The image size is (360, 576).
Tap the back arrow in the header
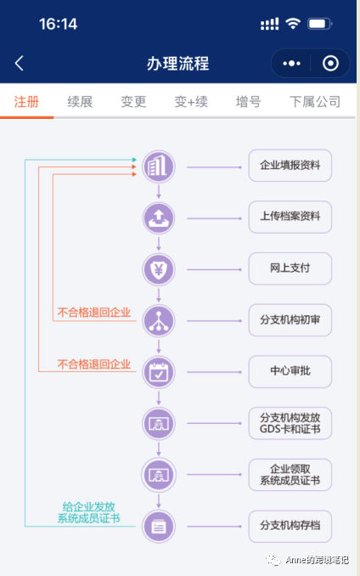(20, 64)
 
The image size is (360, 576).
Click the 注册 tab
(26, 102)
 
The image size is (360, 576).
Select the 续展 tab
(80, 102)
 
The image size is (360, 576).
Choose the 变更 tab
(133, 102)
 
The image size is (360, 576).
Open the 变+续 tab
(191, 102)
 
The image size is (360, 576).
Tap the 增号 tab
(248, 102)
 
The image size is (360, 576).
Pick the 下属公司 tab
(314, 102)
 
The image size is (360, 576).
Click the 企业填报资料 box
(290, 166)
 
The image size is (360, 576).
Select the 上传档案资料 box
(290, 217)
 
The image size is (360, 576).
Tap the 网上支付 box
(290, 268)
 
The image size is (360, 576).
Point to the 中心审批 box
(290, 371)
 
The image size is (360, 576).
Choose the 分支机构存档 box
(290, 526)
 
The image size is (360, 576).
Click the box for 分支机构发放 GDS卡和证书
(290, 423)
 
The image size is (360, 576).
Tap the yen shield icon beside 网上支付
(159, 268)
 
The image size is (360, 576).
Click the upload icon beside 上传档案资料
(159, 217)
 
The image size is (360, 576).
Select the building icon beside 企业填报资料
(159, 166)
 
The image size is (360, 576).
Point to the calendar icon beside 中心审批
(159, 371)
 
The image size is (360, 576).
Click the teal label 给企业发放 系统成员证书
(88, 512)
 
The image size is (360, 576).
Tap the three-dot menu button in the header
(291, 64)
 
